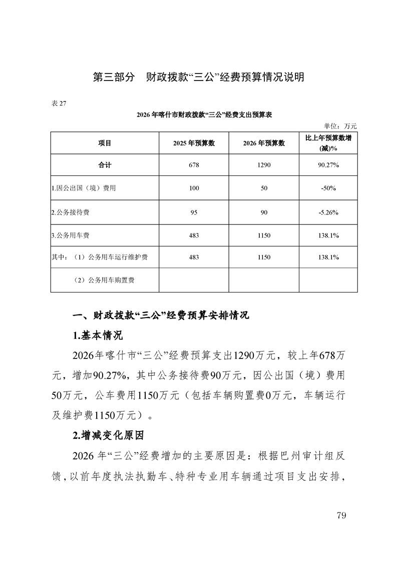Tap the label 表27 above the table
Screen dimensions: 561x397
(59, 103)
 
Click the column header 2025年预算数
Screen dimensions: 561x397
(194, 143)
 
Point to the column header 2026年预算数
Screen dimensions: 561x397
(264, 143)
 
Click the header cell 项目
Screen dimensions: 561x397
(105, 143)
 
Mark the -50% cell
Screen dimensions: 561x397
(328, 188)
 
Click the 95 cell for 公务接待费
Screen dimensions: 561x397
(194, 212)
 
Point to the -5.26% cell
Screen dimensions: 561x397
(328, 212)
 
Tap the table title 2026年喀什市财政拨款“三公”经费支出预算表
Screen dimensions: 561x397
(204, 114)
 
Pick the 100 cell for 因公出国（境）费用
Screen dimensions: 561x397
(194, 188)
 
